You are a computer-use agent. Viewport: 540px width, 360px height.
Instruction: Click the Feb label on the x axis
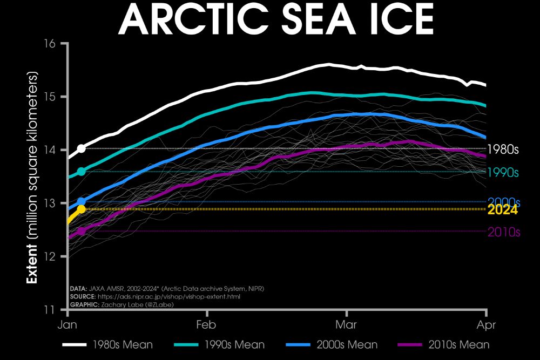click(206, 325)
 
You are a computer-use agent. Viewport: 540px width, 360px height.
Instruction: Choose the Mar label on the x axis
click(346, 325)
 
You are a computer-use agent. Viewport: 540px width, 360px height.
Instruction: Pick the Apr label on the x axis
click(486, 325)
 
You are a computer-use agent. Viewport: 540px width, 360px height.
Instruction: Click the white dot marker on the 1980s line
click(81, 148)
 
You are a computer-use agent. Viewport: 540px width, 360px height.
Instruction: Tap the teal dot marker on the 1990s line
click(81, 172)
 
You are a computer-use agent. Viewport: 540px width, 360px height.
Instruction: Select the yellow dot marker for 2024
click(81, 209)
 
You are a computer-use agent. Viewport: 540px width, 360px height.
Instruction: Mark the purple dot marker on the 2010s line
click(81, 231)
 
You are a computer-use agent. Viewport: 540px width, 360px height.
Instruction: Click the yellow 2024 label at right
click(503, 210)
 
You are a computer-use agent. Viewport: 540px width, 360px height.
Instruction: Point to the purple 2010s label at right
click(503, 232)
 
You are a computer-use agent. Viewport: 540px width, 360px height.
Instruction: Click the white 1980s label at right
click(503, 150)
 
